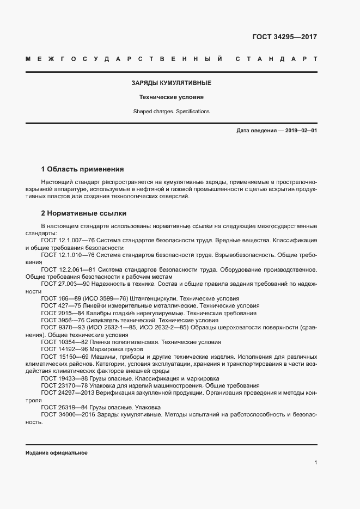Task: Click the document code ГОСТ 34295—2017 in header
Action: pos(284,38)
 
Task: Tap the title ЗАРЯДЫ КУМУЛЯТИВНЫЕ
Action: pos(171,83)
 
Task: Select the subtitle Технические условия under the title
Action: pos(171,97)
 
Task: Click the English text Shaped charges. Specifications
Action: pos(171,112)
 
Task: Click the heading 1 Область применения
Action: pos(82,169)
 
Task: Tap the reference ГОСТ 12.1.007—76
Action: pos(68,240)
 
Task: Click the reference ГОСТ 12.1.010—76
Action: pos(68,254)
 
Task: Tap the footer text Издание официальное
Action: pos(56,453)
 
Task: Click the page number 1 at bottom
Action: pos(315,462)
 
